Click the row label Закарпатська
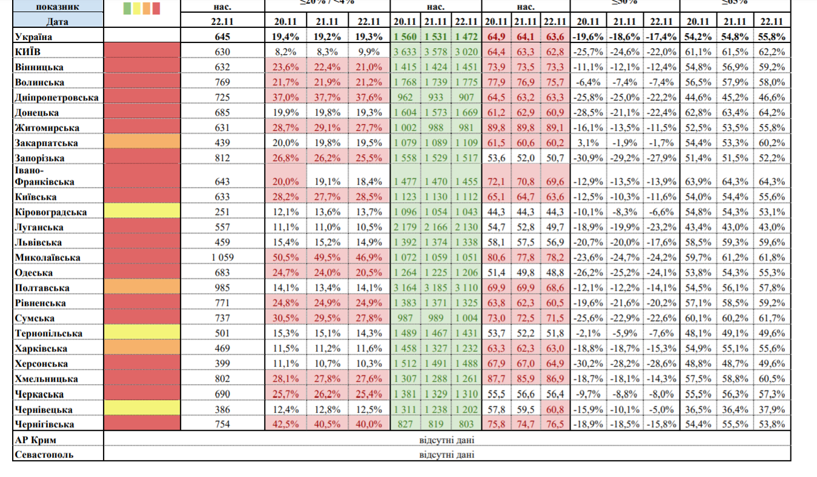point(47,143)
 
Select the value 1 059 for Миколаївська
point(223,257)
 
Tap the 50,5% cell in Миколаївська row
point(285,257)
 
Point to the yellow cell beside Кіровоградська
point(142,211)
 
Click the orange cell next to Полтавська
point(142,287)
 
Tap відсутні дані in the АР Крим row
point(446,439)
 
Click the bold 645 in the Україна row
point(223,37)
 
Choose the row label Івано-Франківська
point(44,176)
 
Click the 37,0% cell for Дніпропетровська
point(285,97)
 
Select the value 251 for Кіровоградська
point(223,212)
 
